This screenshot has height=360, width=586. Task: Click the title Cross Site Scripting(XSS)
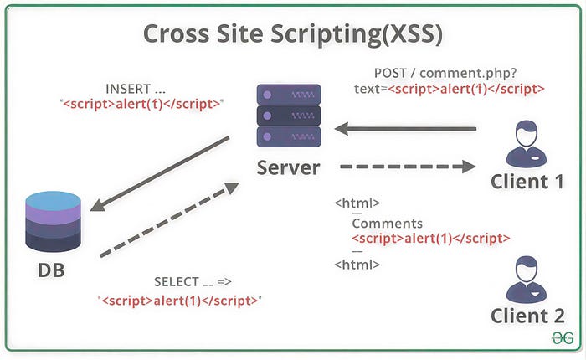click(293, 34)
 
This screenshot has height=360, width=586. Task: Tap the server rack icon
click(289, 116)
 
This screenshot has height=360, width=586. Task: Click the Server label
click(288, 167)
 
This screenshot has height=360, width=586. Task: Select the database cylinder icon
click(53, 221)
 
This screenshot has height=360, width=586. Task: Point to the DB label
click(51, 270)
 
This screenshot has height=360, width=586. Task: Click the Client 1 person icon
click(527, 144)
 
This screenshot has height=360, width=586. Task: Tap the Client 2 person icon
click(527, 280)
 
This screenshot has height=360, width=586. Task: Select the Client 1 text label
click(527, 182)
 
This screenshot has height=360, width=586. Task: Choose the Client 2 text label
click(527, 316)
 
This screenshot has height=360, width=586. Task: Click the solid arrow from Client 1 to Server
click(405, 129)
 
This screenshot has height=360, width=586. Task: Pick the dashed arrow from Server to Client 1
click(408, 167)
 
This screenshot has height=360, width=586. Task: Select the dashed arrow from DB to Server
click(169, 220)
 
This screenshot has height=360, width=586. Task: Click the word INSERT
click(128, 89)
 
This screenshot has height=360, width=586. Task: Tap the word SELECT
click(177, 282)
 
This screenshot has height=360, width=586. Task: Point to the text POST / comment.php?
click(445, 73)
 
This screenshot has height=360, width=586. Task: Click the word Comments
click(387, 224)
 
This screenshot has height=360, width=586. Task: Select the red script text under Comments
click(431, 238)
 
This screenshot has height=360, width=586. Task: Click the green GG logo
click(563, 338)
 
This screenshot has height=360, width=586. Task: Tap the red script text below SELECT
click(180, 301)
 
